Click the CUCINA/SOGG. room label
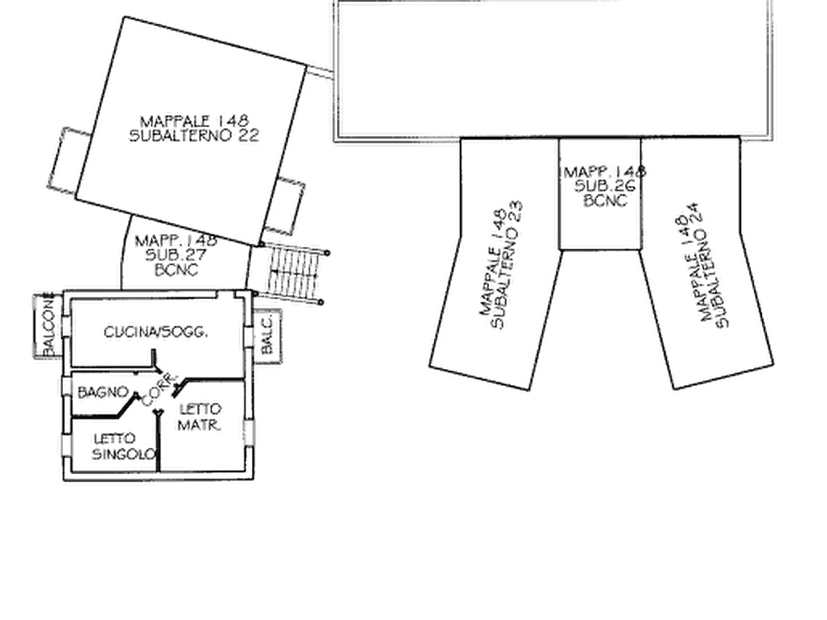[156, 332]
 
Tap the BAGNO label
[103, 392]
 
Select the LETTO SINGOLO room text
[124, 447]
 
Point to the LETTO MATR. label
[199, 417]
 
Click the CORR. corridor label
[157, 391]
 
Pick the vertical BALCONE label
[48, 326]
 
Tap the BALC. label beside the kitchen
[267, 335]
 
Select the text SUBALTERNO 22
[194, 135]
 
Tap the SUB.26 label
[605, 186]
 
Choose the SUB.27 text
[176, 255]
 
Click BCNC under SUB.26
[606, 200]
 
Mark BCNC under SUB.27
[177, 269]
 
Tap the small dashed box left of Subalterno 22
[69, 159]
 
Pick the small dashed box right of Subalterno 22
[285, 206]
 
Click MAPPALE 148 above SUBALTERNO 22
[194, 121]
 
